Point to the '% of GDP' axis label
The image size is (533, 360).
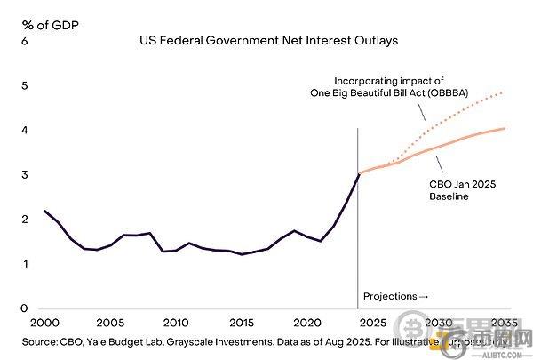pyautogui.click(x=43, y=24)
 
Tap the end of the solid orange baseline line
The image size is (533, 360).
pyautogui.click(x=506, y=129)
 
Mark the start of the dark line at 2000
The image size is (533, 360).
pyautogui.click(x=44, y=211)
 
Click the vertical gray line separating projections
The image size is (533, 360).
pyautogui.click(x=358, y=222)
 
